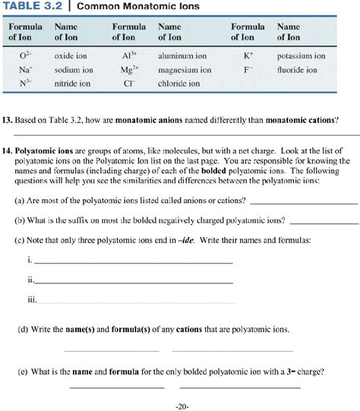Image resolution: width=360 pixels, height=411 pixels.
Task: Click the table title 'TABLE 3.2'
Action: click(x=35, y=8)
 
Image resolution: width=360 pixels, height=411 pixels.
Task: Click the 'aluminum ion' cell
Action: click(x=182, y=56)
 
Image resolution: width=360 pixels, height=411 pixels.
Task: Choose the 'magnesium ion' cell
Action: click(x=185, y=69)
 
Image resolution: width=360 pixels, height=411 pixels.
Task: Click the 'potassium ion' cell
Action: click(x=301, y=56)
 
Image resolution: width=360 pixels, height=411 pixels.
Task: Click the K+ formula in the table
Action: click(x=248, y=56)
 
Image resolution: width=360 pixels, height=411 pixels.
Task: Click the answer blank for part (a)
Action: click(x=302, y=202)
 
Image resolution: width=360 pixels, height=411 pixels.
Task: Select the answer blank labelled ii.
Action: click(x=134, y=280)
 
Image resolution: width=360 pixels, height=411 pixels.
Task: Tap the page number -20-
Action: click(x=181, y=406)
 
